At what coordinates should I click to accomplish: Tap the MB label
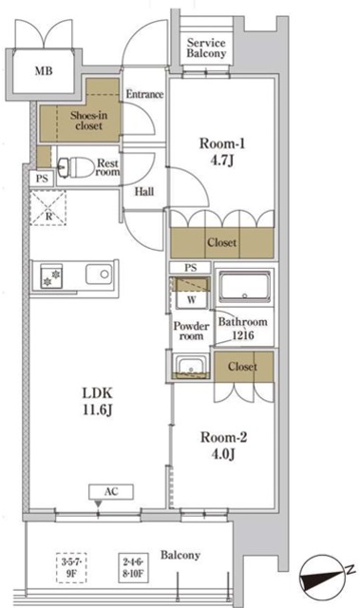[44, 71]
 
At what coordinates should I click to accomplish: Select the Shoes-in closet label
[88, 121]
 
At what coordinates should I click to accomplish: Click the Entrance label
[144, 94]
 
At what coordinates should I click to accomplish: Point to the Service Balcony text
[206, 47]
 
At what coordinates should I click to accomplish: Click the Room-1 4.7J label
[222, 152]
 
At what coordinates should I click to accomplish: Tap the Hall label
[144, 191]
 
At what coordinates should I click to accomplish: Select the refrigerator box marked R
[48, 208]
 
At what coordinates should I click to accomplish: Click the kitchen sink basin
[99, 275]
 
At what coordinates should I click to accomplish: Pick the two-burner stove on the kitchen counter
[51, 276]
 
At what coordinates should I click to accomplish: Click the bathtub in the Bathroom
[244, 287]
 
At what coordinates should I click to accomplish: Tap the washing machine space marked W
[192, 293]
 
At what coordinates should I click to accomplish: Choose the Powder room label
[192, 331]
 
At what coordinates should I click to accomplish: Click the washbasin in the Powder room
[191, 367]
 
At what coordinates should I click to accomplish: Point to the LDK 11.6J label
[97, 401]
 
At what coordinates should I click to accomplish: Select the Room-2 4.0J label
[223, 446]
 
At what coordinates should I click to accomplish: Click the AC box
[111, 492]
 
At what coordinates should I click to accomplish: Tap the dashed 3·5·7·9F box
[71, 568]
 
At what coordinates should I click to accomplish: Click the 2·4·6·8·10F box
[133, 568]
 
